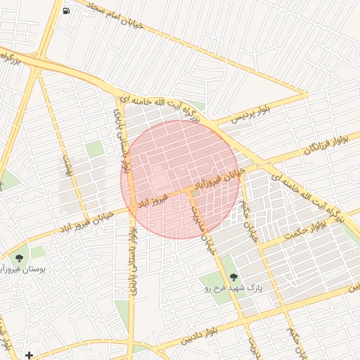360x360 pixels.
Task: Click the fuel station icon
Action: [66, 11]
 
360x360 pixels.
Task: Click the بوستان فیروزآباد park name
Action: [24, 269]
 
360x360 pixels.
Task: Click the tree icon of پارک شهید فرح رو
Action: [234, 276]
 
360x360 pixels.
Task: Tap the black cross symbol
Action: [29, 354]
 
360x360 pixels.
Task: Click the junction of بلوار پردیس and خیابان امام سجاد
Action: [307, 94]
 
